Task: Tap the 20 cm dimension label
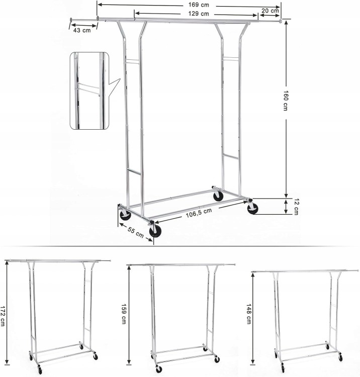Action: coord(270,11)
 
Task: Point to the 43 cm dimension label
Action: coord(82,30)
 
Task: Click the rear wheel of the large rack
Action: coord(218,196)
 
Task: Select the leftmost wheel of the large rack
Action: coord(125,216)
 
